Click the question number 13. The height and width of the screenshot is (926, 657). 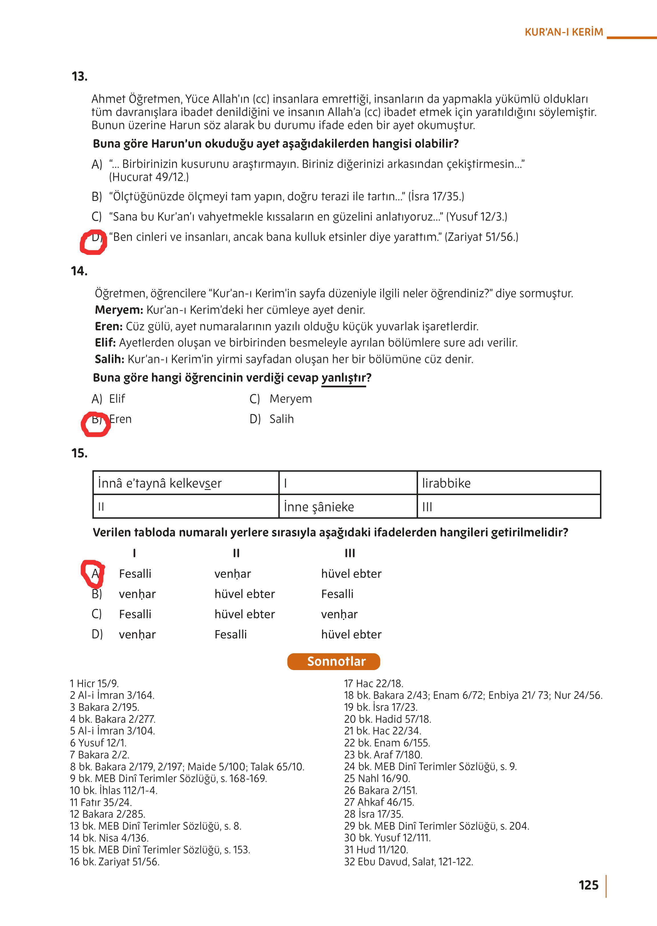pos(79,76)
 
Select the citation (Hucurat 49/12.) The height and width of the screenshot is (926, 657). pos(149,177)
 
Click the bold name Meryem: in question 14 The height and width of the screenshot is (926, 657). pos(119,310)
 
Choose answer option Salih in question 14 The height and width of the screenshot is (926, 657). pos(281,419)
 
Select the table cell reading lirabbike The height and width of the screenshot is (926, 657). pos(508,483)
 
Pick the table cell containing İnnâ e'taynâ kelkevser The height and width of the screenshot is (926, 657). pos(186,483)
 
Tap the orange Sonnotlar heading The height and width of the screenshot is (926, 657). pos(334,661)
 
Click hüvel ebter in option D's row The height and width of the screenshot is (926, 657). pos(351,634)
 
